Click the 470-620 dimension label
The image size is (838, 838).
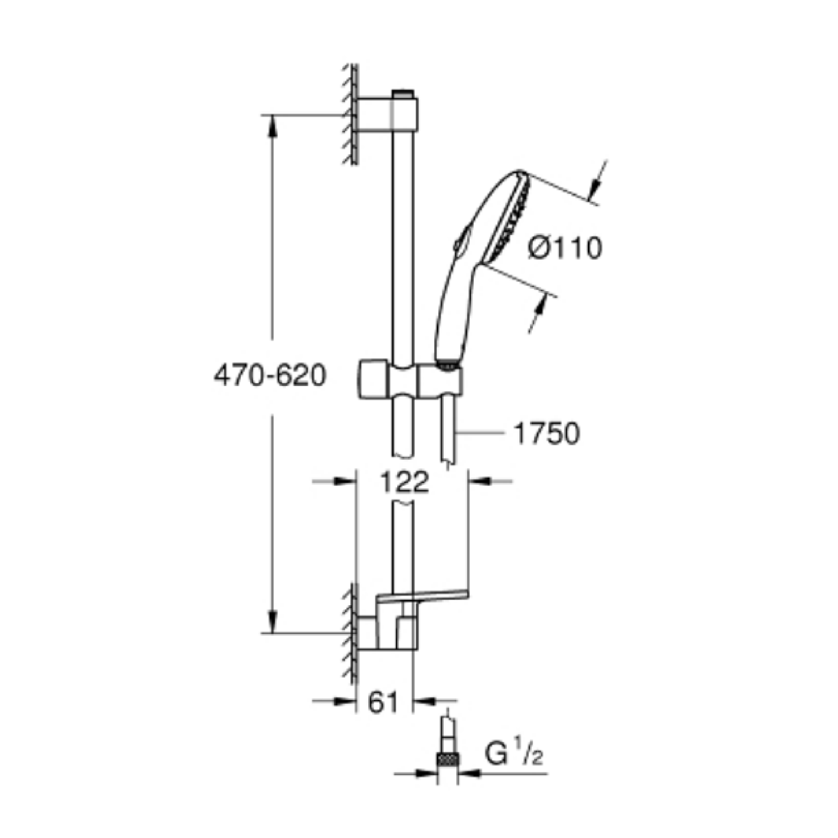point(269,376)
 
